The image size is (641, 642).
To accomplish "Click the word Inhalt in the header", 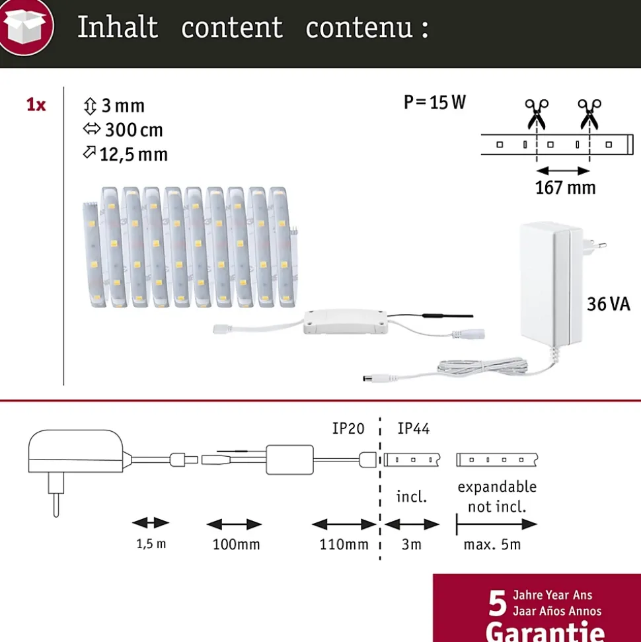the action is click(118, 27).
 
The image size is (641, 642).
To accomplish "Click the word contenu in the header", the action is click(359, 28).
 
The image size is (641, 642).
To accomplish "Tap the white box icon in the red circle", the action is click(26, 26).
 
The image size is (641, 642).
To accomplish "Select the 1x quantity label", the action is click(36, 105).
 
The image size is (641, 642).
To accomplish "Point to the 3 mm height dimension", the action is click(114, 106).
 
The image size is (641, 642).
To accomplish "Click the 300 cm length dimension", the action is click(123, 130).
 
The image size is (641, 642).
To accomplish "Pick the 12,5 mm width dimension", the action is click(126, 154).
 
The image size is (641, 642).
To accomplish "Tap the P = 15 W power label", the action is click(435, 102).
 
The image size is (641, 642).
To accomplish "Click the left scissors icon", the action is click(537, 114).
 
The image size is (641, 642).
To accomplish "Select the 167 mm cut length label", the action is click(565, 188).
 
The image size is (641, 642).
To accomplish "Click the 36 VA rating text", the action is click(609, 304).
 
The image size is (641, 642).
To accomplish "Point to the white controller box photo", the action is click(346, 322).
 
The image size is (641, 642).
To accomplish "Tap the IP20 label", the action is click(348, 428).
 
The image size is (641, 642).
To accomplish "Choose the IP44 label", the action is click(414, 428).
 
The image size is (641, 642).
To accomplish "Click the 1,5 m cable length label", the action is click(151, 544).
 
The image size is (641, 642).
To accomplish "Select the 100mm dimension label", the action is click(236, 545).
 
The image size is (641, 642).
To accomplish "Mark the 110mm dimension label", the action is click(344, 545).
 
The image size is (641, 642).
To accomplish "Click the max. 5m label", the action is click(492, 545).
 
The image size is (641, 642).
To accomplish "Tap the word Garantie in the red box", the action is click(545, 632).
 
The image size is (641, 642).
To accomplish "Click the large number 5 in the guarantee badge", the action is click(498, 603).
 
